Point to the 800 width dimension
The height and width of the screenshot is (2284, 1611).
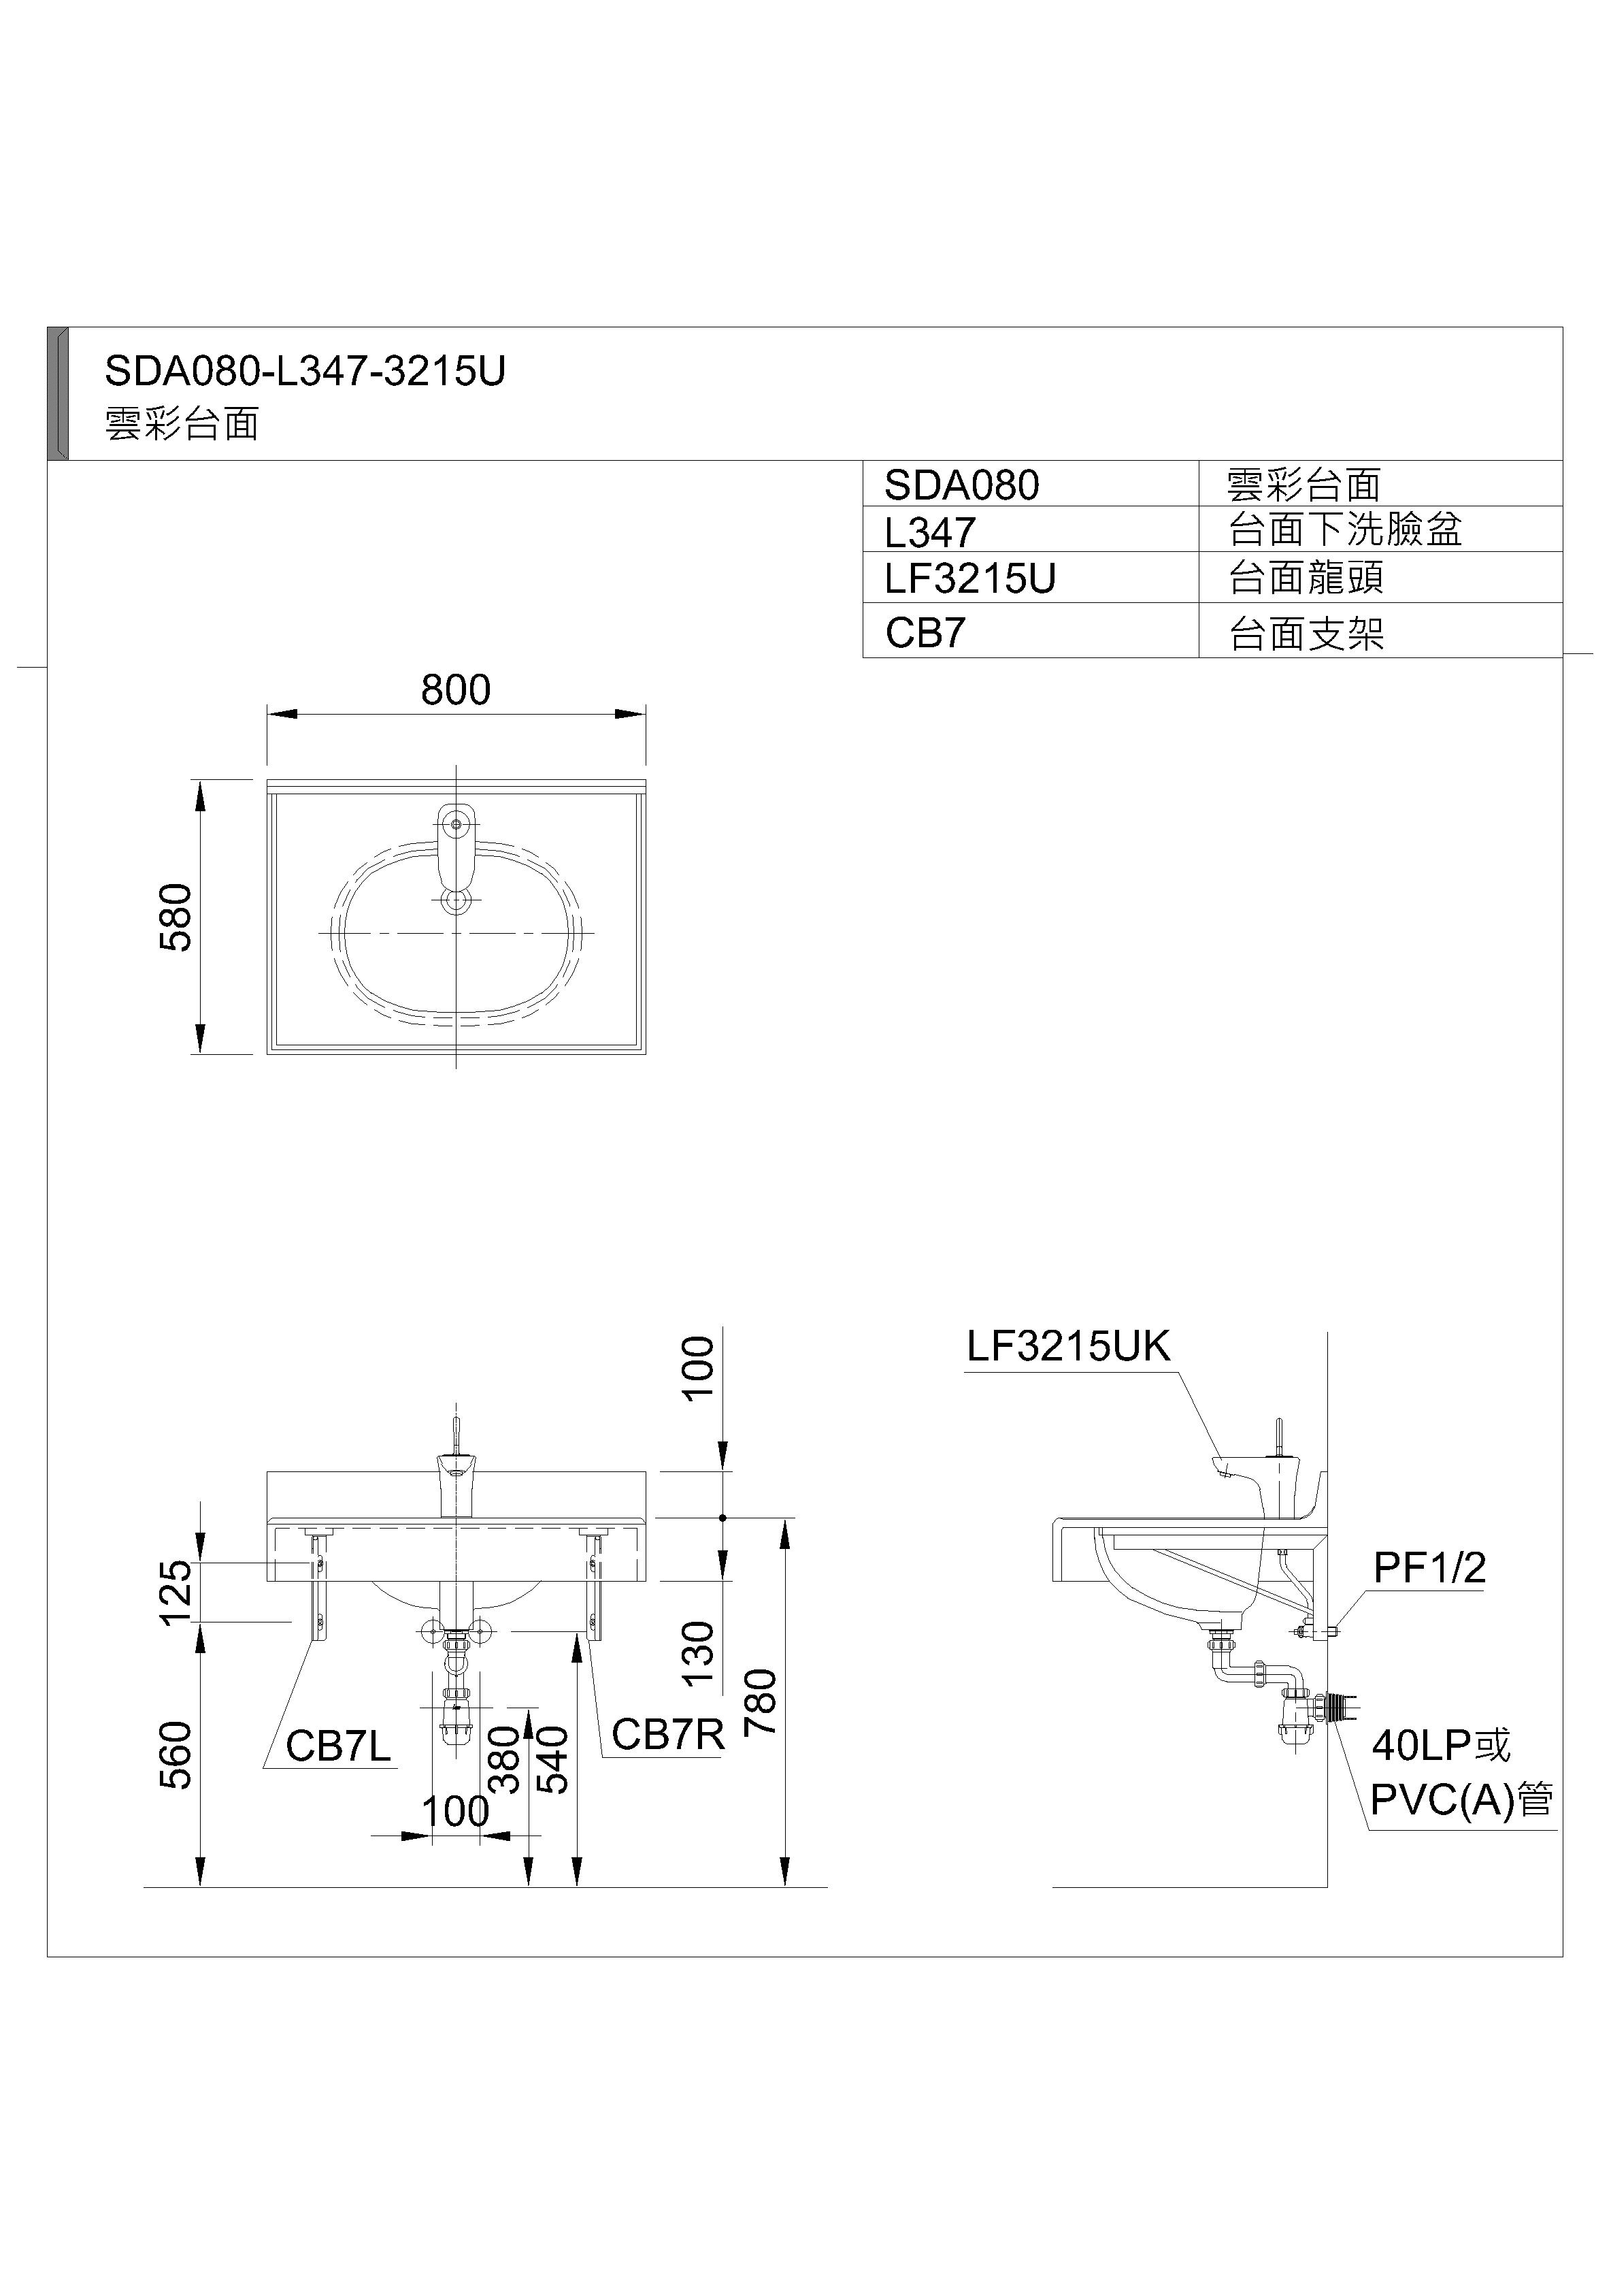(x=455, y=689)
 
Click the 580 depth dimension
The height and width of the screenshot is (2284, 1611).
(x=176, y=917)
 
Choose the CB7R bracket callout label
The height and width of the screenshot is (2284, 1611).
(x=667, y=1735)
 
